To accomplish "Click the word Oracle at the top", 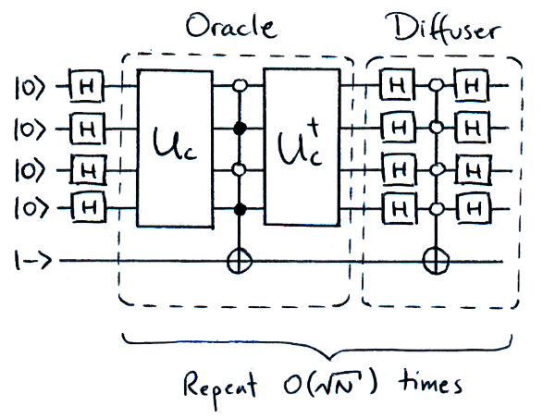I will tap(231, 25).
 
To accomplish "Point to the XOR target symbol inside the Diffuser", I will tap(434, 261).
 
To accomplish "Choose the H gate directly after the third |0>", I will tap(87, 170).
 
